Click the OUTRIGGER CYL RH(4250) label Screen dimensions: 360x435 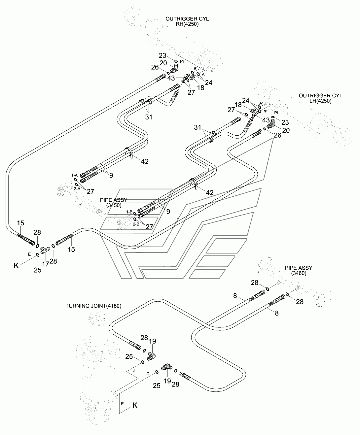click(187, 21)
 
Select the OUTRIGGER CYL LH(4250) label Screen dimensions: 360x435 click(320, 98)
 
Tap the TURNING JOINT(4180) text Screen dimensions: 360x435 click(93, 306)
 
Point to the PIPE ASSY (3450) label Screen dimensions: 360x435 click(114, 203)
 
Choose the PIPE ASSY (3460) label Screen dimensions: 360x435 click(299, 270)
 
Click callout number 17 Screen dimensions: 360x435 click(46, 264)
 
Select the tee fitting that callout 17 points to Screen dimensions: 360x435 click(45, 250)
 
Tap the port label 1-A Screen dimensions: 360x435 click(74, 175)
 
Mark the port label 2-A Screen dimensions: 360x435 click(77, 189)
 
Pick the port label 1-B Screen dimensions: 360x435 click(129, 212)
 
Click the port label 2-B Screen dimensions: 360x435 click(136, 224)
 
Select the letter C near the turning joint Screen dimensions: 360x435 click(148, 374)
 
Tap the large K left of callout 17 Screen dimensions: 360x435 click(16, 265)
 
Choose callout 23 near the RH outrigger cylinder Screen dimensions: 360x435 click(162, 56)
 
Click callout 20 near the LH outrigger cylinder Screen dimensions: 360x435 click(286, 130)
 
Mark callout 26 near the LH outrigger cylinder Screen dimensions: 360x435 click(277, 135)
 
